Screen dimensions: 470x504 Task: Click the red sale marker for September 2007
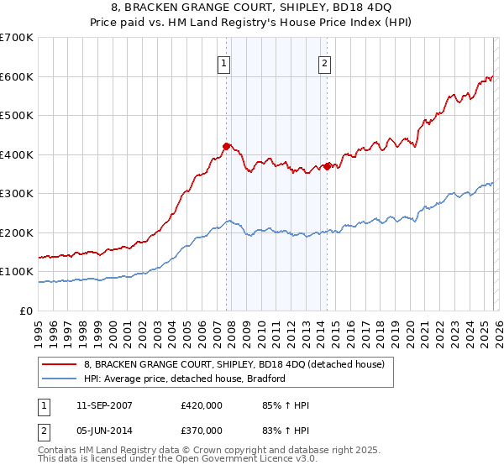click(226, 146)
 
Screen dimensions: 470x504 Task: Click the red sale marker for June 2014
click(326, 166)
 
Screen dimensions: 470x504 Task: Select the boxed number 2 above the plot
click(324, 61)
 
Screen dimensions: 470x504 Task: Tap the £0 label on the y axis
click(27, 311)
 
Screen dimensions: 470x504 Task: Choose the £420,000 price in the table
click(202, 405)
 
